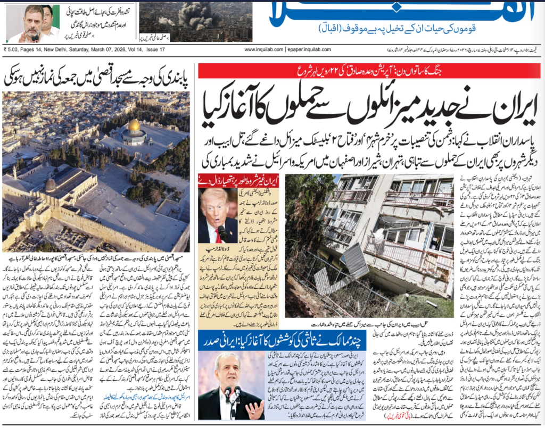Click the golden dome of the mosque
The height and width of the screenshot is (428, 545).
tap(135, 126)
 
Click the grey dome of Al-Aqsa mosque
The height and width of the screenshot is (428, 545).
tap(51, 184)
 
